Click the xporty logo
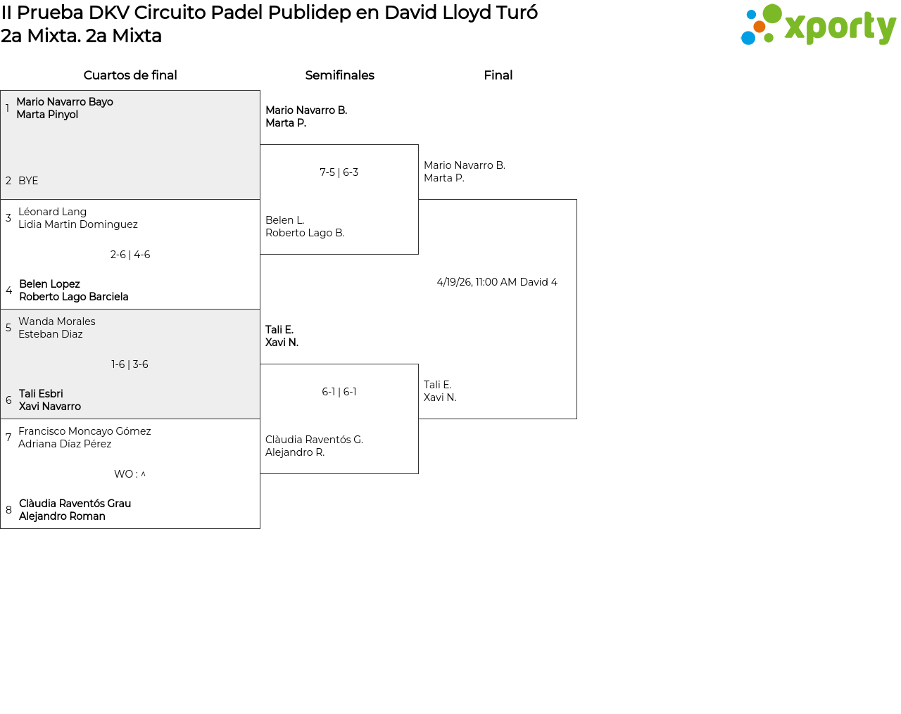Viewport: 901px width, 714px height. (818, 25)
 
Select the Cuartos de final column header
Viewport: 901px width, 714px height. (130, 75)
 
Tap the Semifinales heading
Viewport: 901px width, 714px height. (339, 75)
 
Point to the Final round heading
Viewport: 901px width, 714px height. (498, 75)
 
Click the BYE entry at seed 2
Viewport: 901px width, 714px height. (28, 181)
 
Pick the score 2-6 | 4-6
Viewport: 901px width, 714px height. (130, 255)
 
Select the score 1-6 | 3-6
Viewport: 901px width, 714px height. (130, 364)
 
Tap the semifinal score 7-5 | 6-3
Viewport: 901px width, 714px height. (339, 172)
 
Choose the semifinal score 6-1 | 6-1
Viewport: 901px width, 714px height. (339, 392)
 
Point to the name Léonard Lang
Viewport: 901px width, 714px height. (52, 212)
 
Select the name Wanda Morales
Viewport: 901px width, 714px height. (57, 321)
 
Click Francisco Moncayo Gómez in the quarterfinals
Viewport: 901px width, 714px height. (84, 431)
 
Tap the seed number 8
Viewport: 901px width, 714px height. (8, 510)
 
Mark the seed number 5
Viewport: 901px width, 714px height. (8, 327)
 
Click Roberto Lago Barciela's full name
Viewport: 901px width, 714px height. (74, 297)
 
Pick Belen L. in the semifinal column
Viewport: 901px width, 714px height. (284, 220)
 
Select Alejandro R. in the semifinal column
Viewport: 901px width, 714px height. (295, 452)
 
